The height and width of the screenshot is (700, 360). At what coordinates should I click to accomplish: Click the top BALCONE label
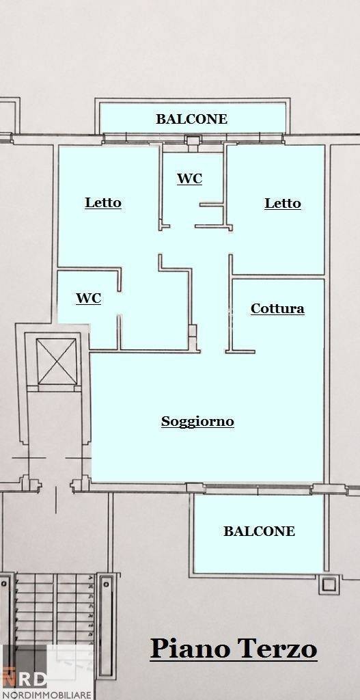click(x=191, y=119)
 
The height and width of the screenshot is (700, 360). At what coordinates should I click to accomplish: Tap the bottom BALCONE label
click(x=259, y=531)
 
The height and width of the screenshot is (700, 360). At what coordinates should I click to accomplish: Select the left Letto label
click(x=103, y=203)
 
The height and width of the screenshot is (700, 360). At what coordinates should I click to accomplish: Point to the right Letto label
click(x=283, y=204)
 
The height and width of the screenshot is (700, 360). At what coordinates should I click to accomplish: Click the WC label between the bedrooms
click(x=190, y=179)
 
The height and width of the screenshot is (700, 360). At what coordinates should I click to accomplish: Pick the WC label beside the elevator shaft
click(x=88, y=299)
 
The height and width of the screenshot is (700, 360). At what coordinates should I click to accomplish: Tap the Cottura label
click(x=277, y=309)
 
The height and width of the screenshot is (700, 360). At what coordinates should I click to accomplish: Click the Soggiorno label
click(x=197, y=422)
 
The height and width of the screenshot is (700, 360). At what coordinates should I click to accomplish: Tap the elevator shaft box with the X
click(x=57, y=362)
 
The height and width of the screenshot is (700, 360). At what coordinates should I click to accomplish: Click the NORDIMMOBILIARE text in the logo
click(x=47, y=695)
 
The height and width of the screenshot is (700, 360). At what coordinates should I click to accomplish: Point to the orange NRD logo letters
click(x=25, y=679)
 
